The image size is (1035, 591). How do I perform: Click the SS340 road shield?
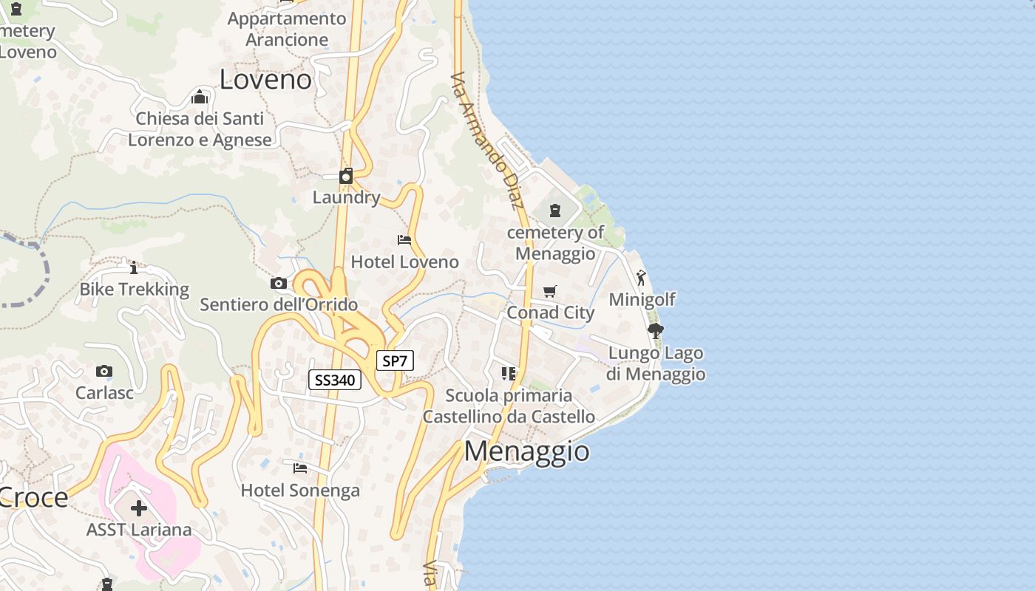coord(334,380)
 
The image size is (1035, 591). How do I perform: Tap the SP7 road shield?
coord(395,361)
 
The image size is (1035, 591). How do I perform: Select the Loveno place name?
coord(265,80)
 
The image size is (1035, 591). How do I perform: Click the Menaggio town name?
coord(527,451)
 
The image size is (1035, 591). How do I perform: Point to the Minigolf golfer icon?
coord(641,279)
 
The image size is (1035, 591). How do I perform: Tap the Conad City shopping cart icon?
coord(549,292)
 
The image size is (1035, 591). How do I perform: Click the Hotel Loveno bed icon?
coord(404,240)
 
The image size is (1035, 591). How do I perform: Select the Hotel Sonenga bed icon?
coord(299,468)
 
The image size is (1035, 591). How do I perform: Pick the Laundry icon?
coord(346,177)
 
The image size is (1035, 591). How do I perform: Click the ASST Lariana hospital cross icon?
coord(139,508)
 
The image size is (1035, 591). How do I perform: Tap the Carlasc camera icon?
coord(104,371)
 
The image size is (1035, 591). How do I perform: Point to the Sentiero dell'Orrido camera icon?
coord(279,283)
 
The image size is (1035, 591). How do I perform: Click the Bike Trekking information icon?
coord(134,267)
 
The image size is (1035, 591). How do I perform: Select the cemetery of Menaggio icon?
coord(555,211)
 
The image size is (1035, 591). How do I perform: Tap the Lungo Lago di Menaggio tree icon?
coord(655,331)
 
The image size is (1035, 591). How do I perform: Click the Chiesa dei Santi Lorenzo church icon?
coord(200,98)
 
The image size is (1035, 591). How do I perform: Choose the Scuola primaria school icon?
coord(508,374)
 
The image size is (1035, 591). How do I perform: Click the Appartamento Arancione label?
coord(287,29)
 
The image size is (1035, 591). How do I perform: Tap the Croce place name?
coord(34,498)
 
